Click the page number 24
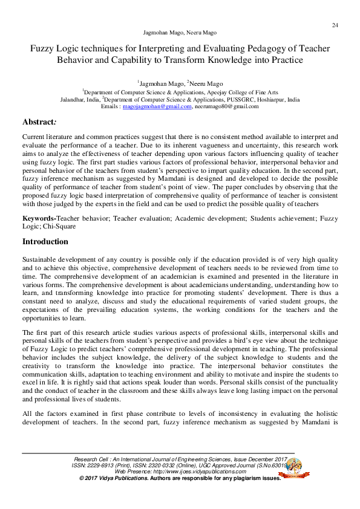(335, 25)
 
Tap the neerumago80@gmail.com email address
(227, 106)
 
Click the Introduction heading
(45, 242)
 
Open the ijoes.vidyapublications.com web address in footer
(187, 472)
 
